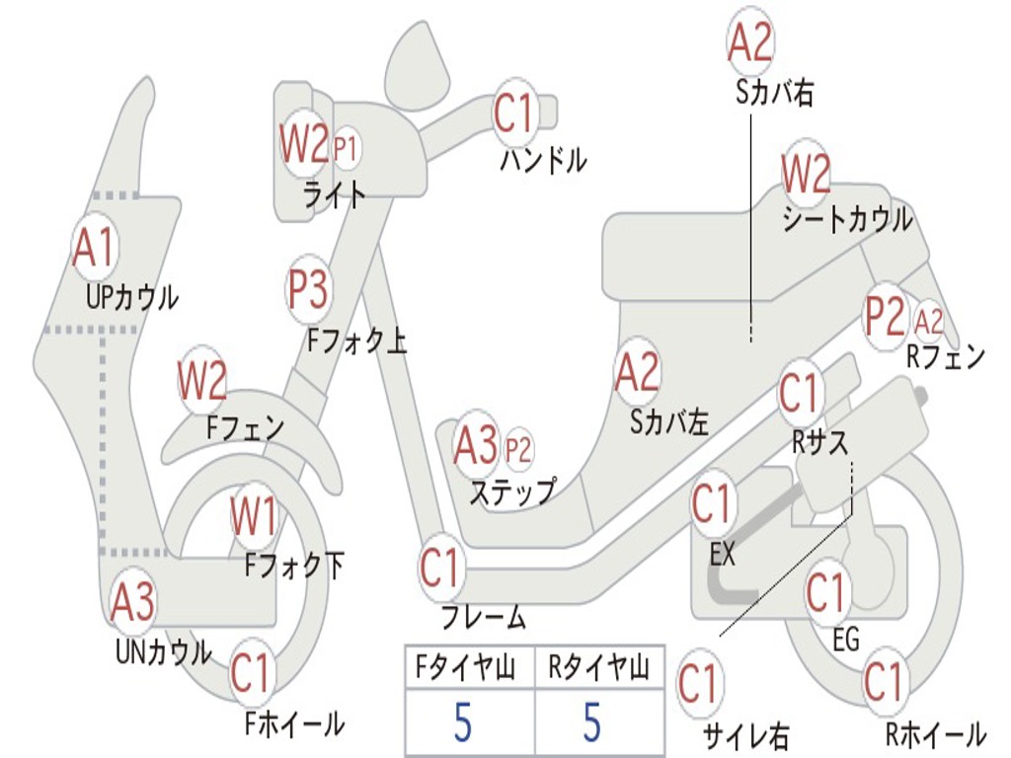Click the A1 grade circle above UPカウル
[95, 249]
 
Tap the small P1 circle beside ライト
[346, 149]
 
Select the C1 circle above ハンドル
[513, 113]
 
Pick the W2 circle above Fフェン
[202, 381]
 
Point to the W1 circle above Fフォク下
[254, 516]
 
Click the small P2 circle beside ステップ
[518, 450]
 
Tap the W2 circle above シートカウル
[806, 175]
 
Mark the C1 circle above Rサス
[801, 393]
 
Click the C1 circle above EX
[712, 504]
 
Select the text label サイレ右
[745, 734]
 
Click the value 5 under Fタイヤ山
[463, 722]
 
